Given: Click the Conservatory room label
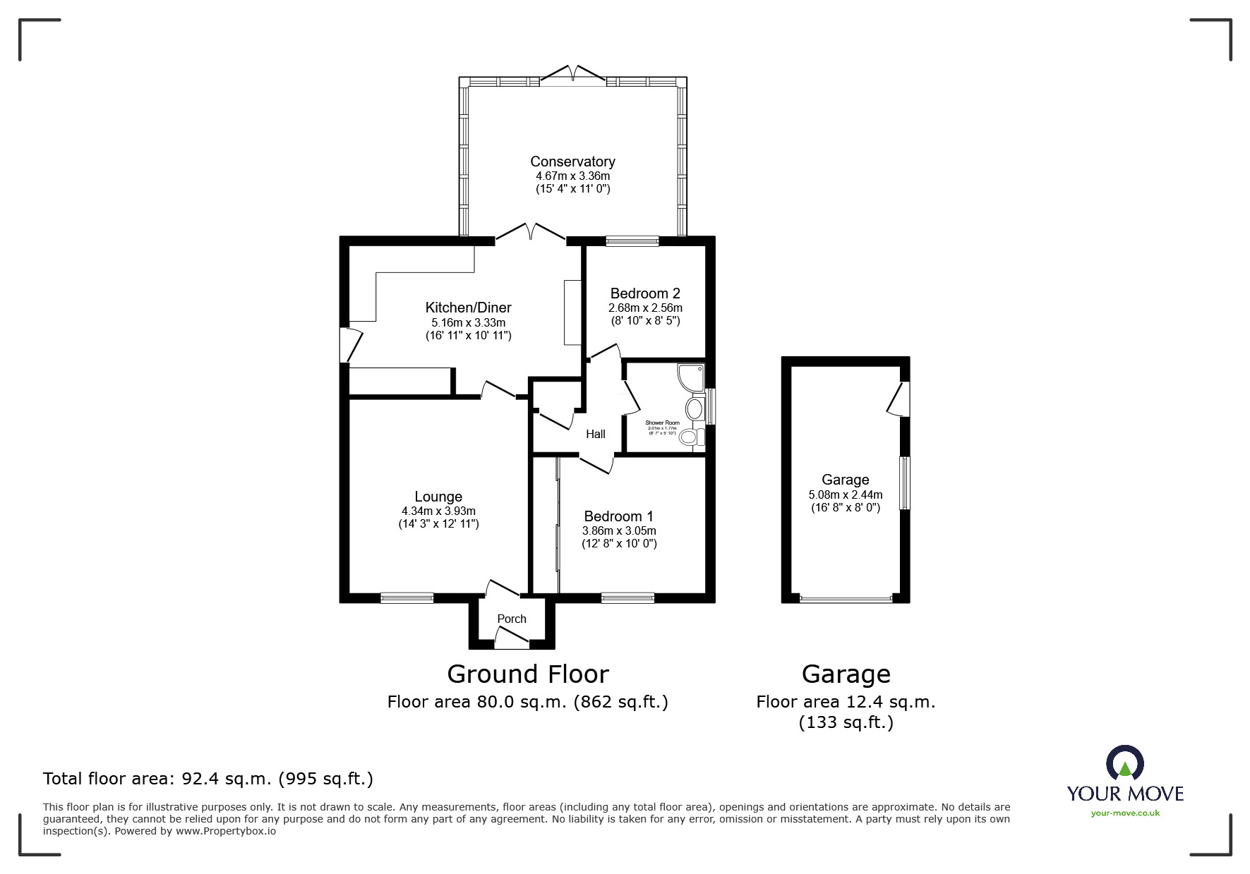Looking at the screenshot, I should [572, 162].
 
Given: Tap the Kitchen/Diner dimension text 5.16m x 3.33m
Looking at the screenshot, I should [468, 322].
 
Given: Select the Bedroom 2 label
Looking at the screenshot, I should [645, 293].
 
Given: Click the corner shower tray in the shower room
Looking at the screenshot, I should [691, 377].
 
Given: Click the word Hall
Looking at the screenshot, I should [595, 435].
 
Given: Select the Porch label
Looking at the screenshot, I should [512, 619].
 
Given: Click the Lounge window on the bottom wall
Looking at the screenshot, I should [407, 598].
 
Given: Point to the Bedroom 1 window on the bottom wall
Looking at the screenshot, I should [627, 598].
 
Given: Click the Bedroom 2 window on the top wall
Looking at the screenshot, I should [632, 241].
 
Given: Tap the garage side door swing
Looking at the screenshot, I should [898, 400].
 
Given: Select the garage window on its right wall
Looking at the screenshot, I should [904, 483].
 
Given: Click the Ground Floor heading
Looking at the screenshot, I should [528, 674].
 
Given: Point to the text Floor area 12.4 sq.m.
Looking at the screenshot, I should [846, 702].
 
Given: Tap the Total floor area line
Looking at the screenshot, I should [208, 779].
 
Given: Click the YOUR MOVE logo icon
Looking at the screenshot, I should [1124, 764].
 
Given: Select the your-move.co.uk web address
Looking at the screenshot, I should [1125, 813].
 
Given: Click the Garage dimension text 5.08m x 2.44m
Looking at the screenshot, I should [846, 494].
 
